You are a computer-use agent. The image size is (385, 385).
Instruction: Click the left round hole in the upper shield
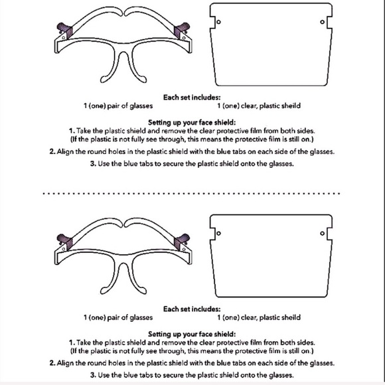[218, 22]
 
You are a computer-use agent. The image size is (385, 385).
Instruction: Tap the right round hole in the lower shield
[323, 233]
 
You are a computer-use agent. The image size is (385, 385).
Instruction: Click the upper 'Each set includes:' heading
[192, 98]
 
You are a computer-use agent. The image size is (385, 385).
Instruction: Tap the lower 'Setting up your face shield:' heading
[192, 334]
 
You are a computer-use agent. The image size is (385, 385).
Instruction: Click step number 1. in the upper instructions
[72, 131]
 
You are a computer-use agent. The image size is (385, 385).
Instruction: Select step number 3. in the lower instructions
[93, 375]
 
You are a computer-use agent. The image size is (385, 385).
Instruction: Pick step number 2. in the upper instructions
[52, 151]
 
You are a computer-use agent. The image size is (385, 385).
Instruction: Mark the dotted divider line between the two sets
[192, 193]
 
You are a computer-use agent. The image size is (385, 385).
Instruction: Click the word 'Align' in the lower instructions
[65, 363]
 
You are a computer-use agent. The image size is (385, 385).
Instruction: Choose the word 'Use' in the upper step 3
[104, 164]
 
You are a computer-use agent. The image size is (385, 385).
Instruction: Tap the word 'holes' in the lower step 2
[117, 363]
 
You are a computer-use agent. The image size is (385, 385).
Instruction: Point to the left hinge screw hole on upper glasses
[64, 38]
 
